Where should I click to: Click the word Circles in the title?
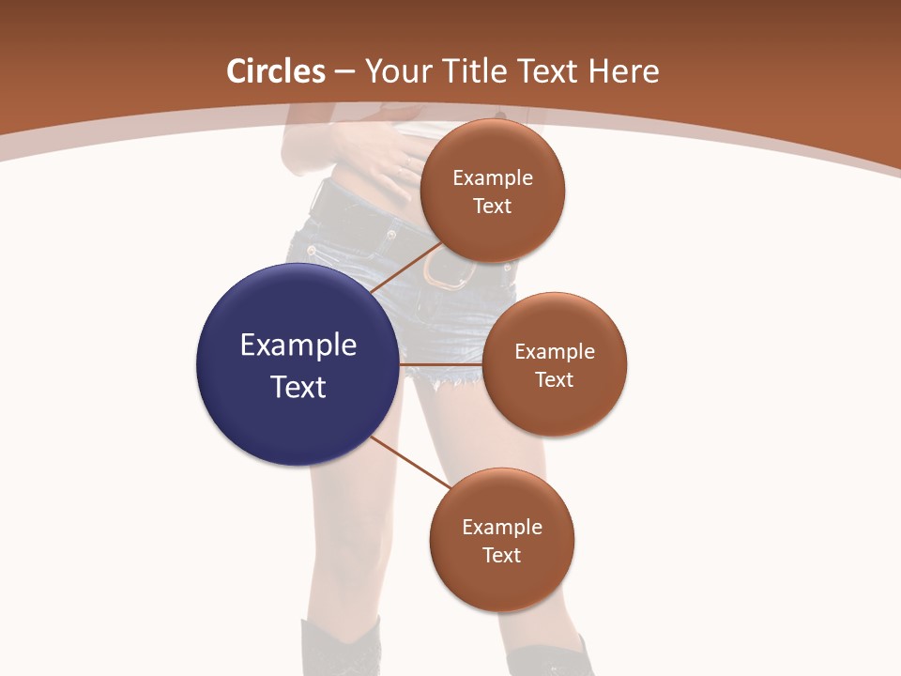[276, 71]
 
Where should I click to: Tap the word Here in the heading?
[623, 71]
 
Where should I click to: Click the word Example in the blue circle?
[298, 346]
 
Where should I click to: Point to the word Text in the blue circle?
[298, 387]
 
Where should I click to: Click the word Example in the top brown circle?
[493, 178]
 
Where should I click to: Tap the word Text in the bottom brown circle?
[501, 555]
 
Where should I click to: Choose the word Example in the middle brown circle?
[555, 352]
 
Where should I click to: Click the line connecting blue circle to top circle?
[406, 267]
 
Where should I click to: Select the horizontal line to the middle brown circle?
[441, 364]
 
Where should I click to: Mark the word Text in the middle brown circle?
[554, 379]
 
